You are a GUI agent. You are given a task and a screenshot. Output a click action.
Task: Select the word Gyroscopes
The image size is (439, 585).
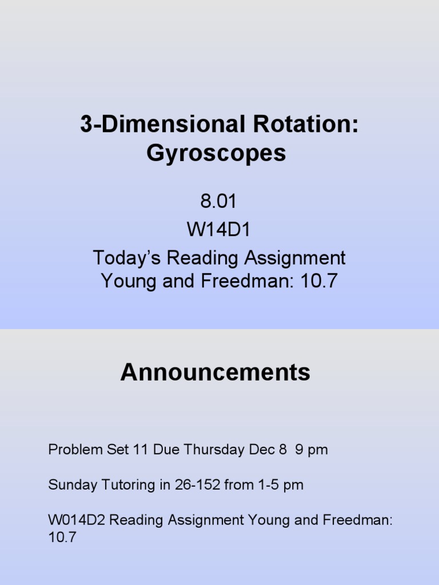coord(216,153)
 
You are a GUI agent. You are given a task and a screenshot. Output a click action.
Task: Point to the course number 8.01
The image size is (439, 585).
coord(218,202)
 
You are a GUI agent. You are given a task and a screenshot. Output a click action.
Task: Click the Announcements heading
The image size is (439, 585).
coord(215,372)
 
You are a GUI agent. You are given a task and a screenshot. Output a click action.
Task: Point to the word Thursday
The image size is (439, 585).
coord(212,450)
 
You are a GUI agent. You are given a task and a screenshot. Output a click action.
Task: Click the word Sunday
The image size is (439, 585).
coord(69,485)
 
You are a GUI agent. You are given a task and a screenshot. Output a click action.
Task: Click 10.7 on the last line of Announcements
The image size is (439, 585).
coord(62,538)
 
